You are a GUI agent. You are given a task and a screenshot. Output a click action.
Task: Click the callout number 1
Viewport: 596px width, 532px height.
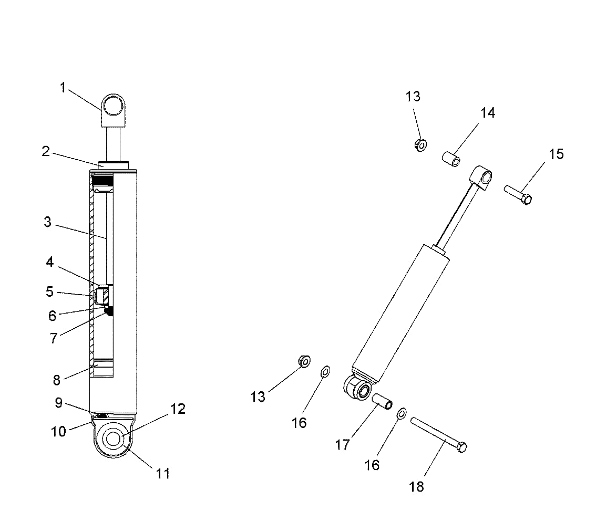point(63,88)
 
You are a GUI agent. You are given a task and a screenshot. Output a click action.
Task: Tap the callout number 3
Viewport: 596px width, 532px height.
point(48,222)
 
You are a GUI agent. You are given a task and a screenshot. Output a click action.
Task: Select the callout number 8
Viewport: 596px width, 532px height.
point(56,380)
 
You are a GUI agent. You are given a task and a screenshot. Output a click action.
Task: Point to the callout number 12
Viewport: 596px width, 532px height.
point(178,409)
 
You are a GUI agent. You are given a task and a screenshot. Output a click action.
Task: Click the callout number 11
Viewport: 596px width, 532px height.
point(163,473)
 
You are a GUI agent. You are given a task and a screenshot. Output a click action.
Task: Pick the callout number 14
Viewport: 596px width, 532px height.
point(487,112)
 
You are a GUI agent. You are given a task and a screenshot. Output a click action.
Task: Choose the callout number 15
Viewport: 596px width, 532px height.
point(556,154)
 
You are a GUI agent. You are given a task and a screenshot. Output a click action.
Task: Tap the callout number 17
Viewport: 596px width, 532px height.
point(342,445)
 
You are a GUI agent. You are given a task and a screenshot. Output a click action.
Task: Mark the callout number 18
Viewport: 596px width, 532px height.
point(416,487)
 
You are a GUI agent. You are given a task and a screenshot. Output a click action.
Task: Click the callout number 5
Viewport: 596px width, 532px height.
point(49,291)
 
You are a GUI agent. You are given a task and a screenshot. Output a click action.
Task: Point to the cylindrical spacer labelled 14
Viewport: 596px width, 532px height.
point(450,158)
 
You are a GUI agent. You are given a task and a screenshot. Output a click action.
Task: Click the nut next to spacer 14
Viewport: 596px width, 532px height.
point(420,144)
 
